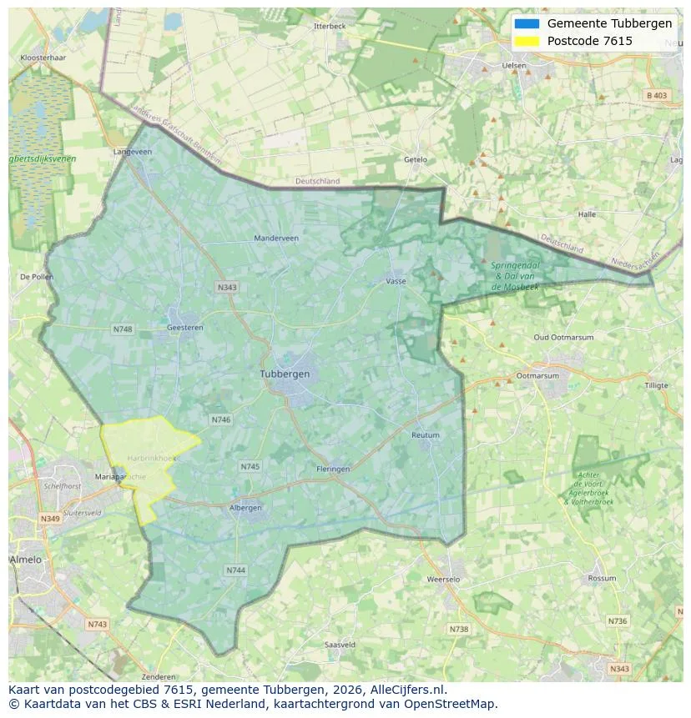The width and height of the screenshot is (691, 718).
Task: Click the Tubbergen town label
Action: pyautogui.click(x=285, y=374)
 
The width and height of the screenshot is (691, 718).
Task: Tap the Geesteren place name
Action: pyautogui.click(x=185, y=328)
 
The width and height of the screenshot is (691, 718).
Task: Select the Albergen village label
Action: pyautogui.click(x=245, y=507)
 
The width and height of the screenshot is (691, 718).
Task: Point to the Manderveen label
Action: pyautogui.click(x=276, y=238)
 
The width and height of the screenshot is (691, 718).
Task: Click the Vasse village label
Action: pyautogui.click(x=396, y=281)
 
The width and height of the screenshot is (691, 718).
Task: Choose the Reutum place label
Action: pyautogui.click(x=425, y=435)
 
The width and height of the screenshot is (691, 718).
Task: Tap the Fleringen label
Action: pyautogui.click(x=333, y=469)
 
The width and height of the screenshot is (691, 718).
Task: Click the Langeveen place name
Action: pyautogui.click(x=133, y=152)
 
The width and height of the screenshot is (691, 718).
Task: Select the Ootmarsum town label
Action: pyautogui.click(x=537, y=376)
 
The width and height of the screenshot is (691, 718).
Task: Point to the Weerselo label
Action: pyautogui.click(x=443, y=579)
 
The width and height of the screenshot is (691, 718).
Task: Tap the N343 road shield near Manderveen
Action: pyautogui.click(x=227, y=287)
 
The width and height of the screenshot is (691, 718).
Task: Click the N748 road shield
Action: pyautogui.click(x=123, y=329)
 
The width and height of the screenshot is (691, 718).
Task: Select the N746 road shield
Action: pyautogui.click(x=221, y=419)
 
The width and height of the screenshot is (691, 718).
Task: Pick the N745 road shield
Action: pyautogui.click(x=250, y=466)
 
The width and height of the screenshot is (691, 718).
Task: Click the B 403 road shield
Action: pyautogui.click(x=657, y=96)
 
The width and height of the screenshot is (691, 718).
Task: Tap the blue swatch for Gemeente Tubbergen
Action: pyautogui.click(x=527, y=23)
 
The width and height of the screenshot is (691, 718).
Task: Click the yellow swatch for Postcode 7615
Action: pyautogui.click(x=527, y=41)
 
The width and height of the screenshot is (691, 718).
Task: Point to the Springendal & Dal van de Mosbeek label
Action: pyautogui.click(x=515, y=275)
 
